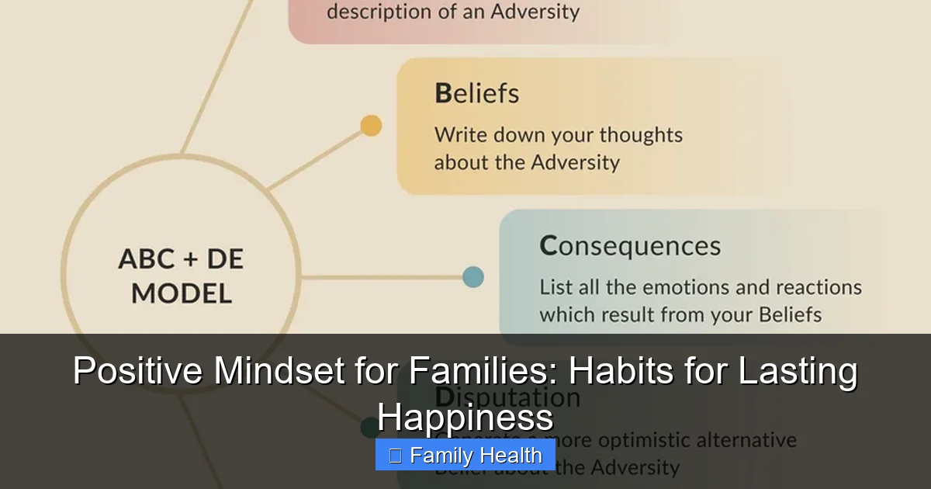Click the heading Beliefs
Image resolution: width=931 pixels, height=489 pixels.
click(x=476, y=94)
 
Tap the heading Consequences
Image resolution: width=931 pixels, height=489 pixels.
click(x=630, y=246)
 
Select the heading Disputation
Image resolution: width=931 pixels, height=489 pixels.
click(x=507, y=397)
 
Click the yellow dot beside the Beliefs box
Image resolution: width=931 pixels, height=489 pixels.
click(x=372, y=126)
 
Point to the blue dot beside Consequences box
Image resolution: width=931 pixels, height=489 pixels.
click(x=472, y=277)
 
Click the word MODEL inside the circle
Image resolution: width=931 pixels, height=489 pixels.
click(x=181, y=293)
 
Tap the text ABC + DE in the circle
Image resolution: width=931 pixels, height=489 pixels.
click(x=181, y=259)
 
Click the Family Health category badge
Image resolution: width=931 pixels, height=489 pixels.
click(x=465, y=456)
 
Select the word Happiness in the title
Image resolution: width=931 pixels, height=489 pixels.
click(x=465, y=419)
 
